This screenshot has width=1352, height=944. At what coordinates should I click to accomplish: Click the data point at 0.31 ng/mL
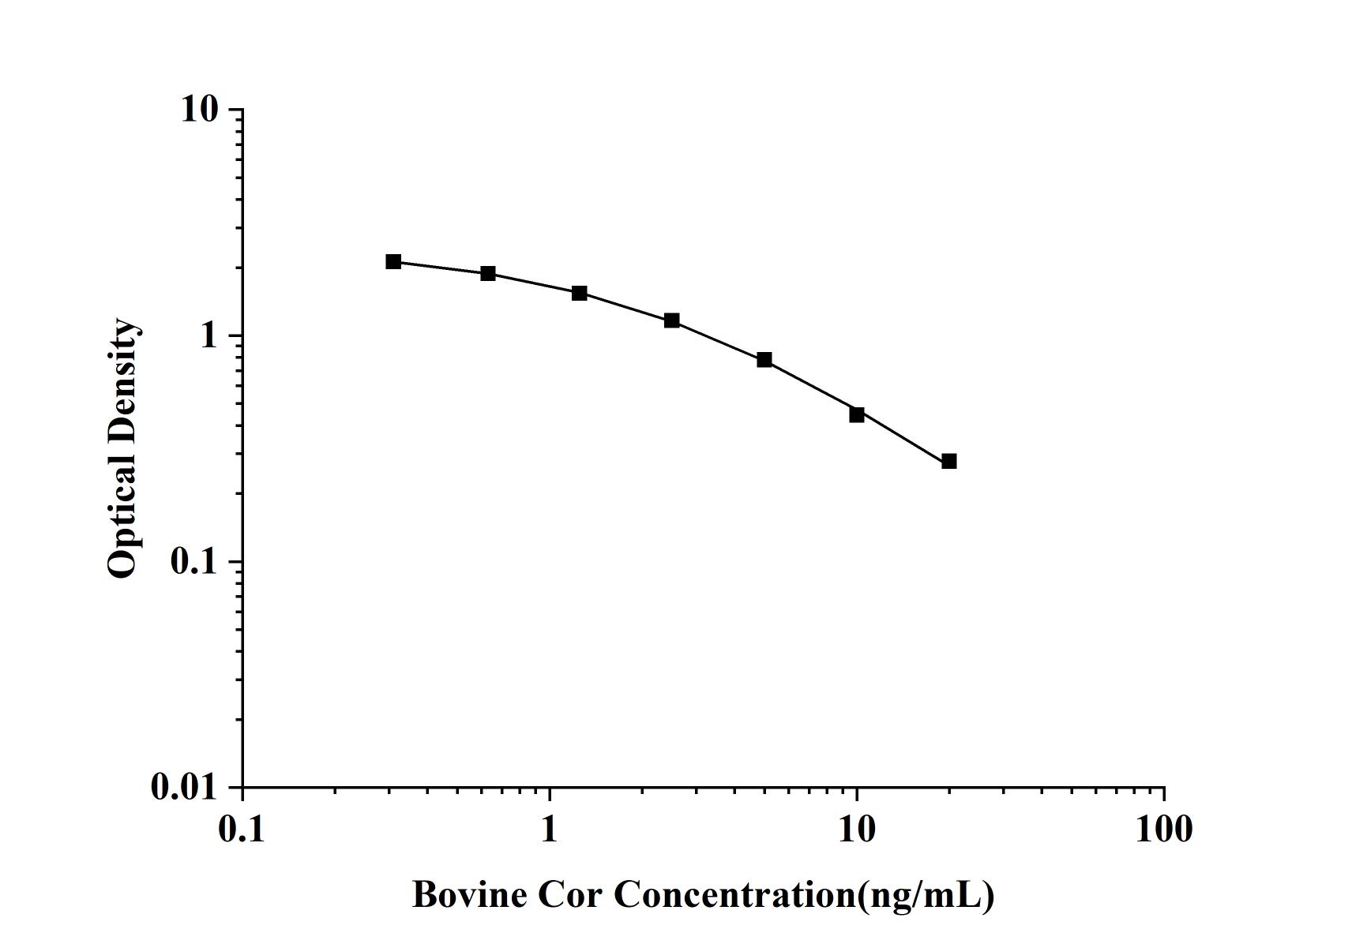(x=393, y=261)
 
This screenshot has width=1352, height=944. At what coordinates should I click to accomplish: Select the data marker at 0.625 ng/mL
(x=488, y=273)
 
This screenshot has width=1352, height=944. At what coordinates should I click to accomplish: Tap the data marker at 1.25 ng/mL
(x=580, y=293)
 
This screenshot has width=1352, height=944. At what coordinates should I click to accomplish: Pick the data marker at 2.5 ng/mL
(x=672, y=320)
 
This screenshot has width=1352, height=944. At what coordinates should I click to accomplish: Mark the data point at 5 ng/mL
(x=764, y=359)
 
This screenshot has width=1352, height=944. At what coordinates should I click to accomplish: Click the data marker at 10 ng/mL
(x=857, y=414)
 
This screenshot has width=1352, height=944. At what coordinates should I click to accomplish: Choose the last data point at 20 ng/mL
(x=949, y=461)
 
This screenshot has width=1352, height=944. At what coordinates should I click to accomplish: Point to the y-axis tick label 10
(x=199, y=110)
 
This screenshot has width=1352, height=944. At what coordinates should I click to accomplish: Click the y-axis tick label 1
(x=208, y=336)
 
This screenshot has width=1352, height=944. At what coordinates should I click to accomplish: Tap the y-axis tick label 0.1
(x=193, y=562)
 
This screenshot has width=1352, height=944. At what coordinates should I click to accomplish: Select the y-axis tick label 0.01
(x=183, y=787)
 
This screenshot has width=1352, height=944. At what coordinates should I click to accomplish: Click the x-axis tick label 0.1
(x=242, y=830)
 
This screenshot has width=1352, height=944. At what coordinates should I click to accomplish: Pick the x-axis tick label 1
(x=550, y=830)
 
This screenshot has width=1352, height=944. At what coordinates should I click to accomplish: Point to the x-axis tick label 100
(x=1164, y=830)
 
